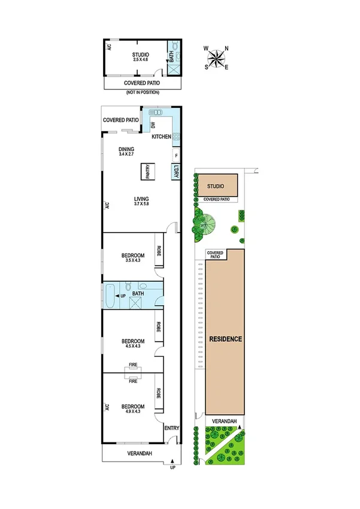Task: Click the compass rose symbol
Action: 217,58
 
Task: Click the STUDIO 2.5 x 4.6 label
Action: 140,58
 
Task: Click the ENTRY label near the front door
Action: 172,428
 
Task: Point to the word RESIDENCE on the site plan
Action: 225,339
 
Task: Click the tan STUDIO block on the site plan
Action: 218,185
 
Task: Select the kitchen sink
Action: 156,112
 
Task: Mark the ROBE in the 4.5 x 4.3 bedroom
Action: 159,327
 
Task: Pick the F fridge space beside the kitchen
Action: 176,156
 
